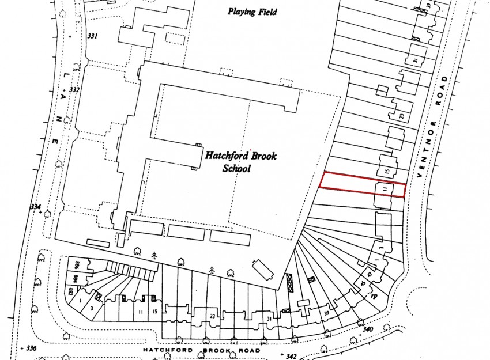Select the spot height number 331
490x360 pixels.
[x=92, y=36]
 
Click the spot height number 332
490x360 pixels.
[x=74, y=90]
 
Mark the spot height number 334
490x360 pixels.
[x=36, y=207]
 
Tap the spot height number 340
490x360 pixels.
[x=369, y=329]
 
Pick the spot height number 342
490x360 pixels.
[x=291, y=357]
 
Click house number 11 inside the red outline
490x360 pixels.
[x=383, y=188]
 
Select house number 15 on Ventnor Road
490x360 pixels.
[x=387, y=170]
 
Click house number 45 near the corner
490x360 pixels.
[x=363, y=283]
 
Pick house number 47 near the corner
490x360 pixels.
[x=370, y=275]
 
